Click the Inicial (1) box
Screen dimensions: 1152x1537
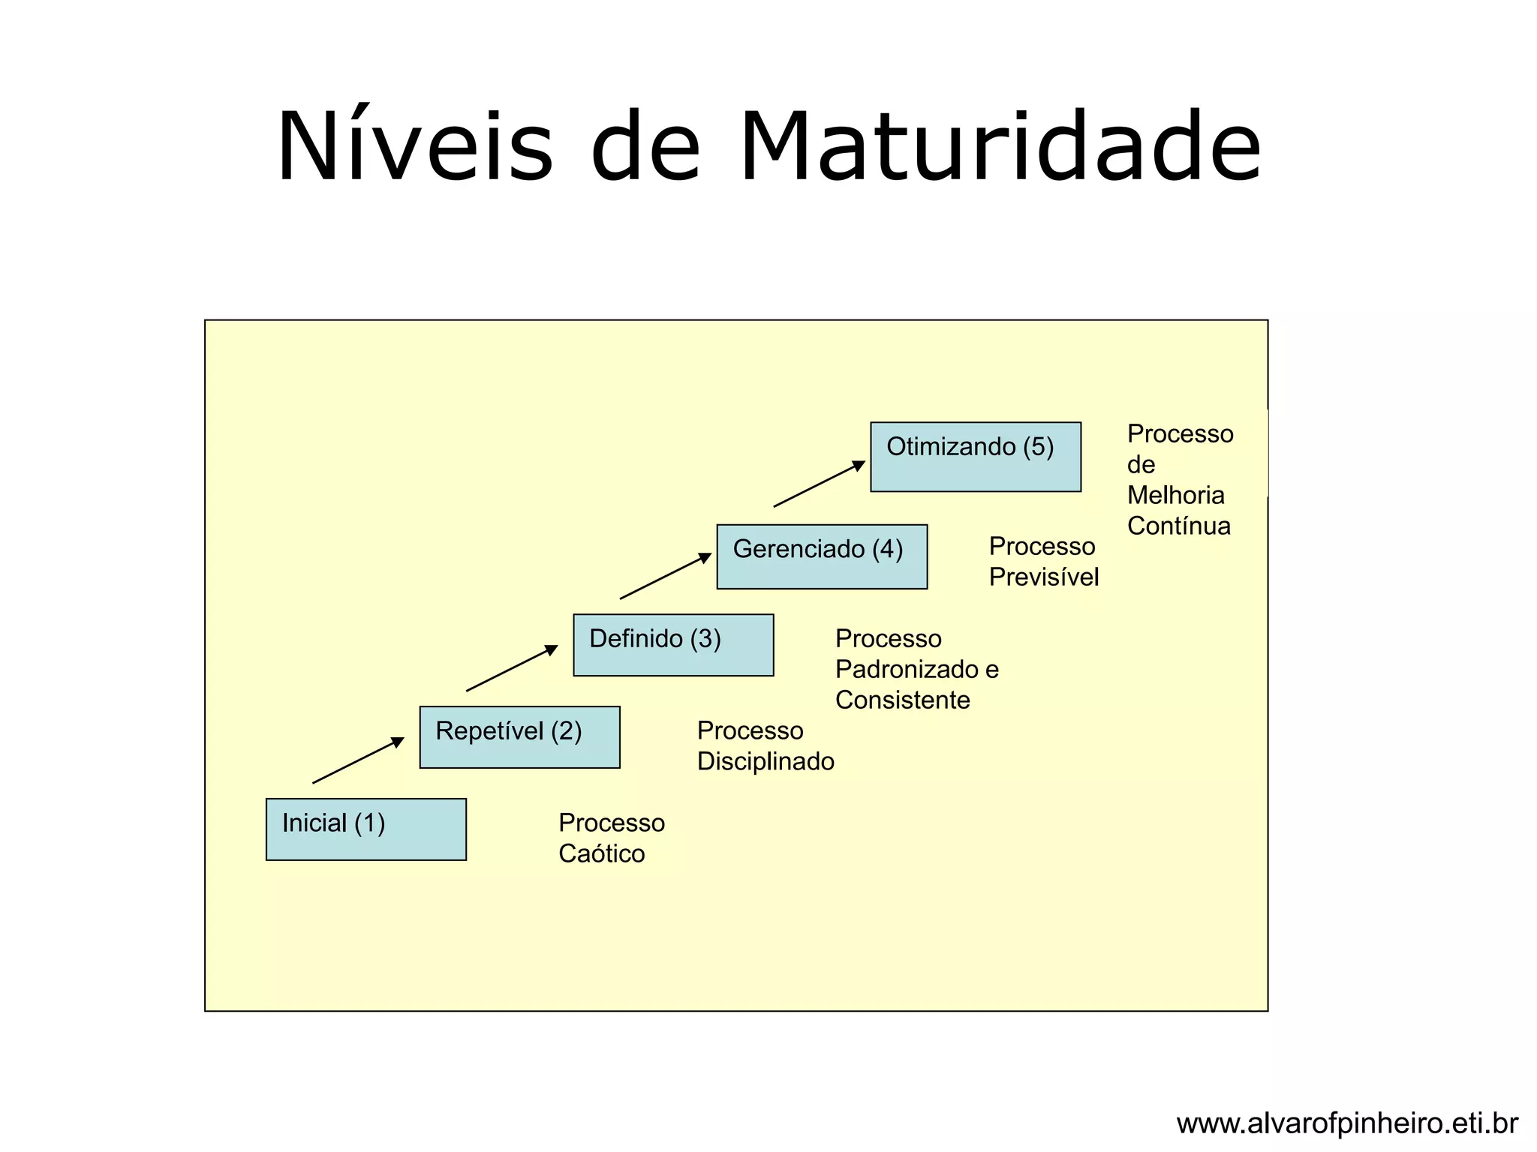click(x=365, y=829)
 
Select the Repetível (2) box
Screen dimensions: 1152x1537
click(x=519, y=736)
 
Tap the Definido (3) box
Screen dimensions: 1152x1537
click(x=672, y=645)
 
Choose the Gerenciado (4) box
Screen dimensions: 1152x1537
click(x=822, y=556)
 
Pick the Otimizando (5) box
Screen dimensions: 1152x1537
click(x=975, y=457)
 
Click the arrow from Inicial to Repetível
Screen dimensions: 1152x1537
click(x=358, y=760)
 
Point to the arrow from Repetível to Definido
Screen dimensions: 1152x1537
click(x=512, y=668)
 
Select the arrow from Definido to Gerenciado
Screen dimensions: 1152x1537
click(x=666, y=576)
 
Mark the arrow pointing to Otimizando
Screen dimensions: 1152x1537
click(x=819, y=484)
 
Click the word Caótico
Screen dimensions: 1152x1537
click(x=601, y=854)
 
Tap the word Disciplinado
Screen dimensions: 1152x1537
click(x=765, y=762)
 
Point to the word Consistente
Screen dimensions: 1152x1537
click(x=902, y=700)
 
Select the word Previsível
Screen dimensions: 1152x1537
click(x=1043, y=577)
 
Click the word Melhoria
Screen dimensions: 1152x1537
click(x=1175, y=496)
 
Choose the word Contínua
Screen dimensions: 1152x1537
click(x=1178, y=526)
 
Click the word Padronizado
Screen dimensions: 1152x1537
click(x=907, y=670)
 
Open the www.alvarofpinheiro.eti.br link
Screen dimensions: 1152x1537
click(x=1346, y=1123)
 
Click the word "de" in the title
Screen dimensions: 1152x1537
click(x=645, y=146)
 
